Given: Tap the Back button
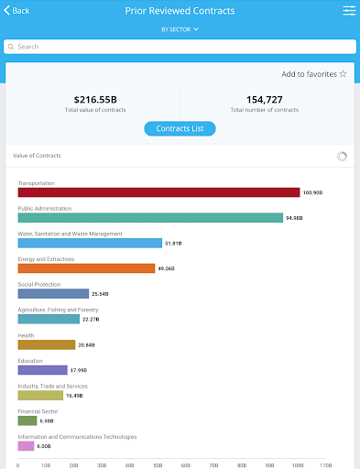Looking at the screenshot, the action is [x=16, y=11].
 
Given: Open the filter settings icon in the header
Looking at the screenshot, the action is [x=349, y=11].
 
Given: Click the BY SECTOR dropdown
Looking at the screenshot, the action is [x=180, y=29].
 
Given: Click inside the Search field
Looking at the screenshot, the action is [x=180, y=47].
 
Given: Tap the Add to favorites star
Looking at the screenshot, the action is [x=344, y=74].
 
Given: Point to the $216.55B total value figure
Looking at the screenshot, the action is [x=95, y=100].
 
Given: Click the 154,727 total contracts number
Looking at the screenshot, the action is [x=265, y=100].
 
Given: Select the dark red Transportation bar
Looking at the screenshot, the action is [x=158, y=192].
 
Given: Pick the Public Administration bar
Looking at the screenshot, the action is [x=150, y=218].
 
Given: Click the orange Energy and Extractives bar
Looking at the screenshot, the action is [x=86, y=268].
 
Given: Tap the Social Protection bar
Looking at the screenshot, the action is [x=53, y=294].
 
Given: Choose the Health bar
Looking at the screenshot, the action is [x=47, y=344].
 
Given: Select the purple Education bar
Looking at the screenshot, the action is [x=43, y=370].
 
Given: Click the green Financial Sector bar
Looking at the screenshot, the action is [x=27, y=420].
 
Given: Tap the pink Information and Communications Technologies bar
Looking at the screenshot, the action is [x=26, y=446].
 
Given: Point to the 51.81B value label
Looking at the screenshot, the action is [x=173, y=244].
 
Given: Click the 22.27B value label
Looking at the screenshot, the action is [x=91, y=320].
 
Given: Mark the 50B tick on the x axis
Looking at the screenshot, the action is [x=158, y=465].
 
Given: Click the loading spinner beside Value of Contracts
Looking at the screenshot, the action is [x=342, y=157].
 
